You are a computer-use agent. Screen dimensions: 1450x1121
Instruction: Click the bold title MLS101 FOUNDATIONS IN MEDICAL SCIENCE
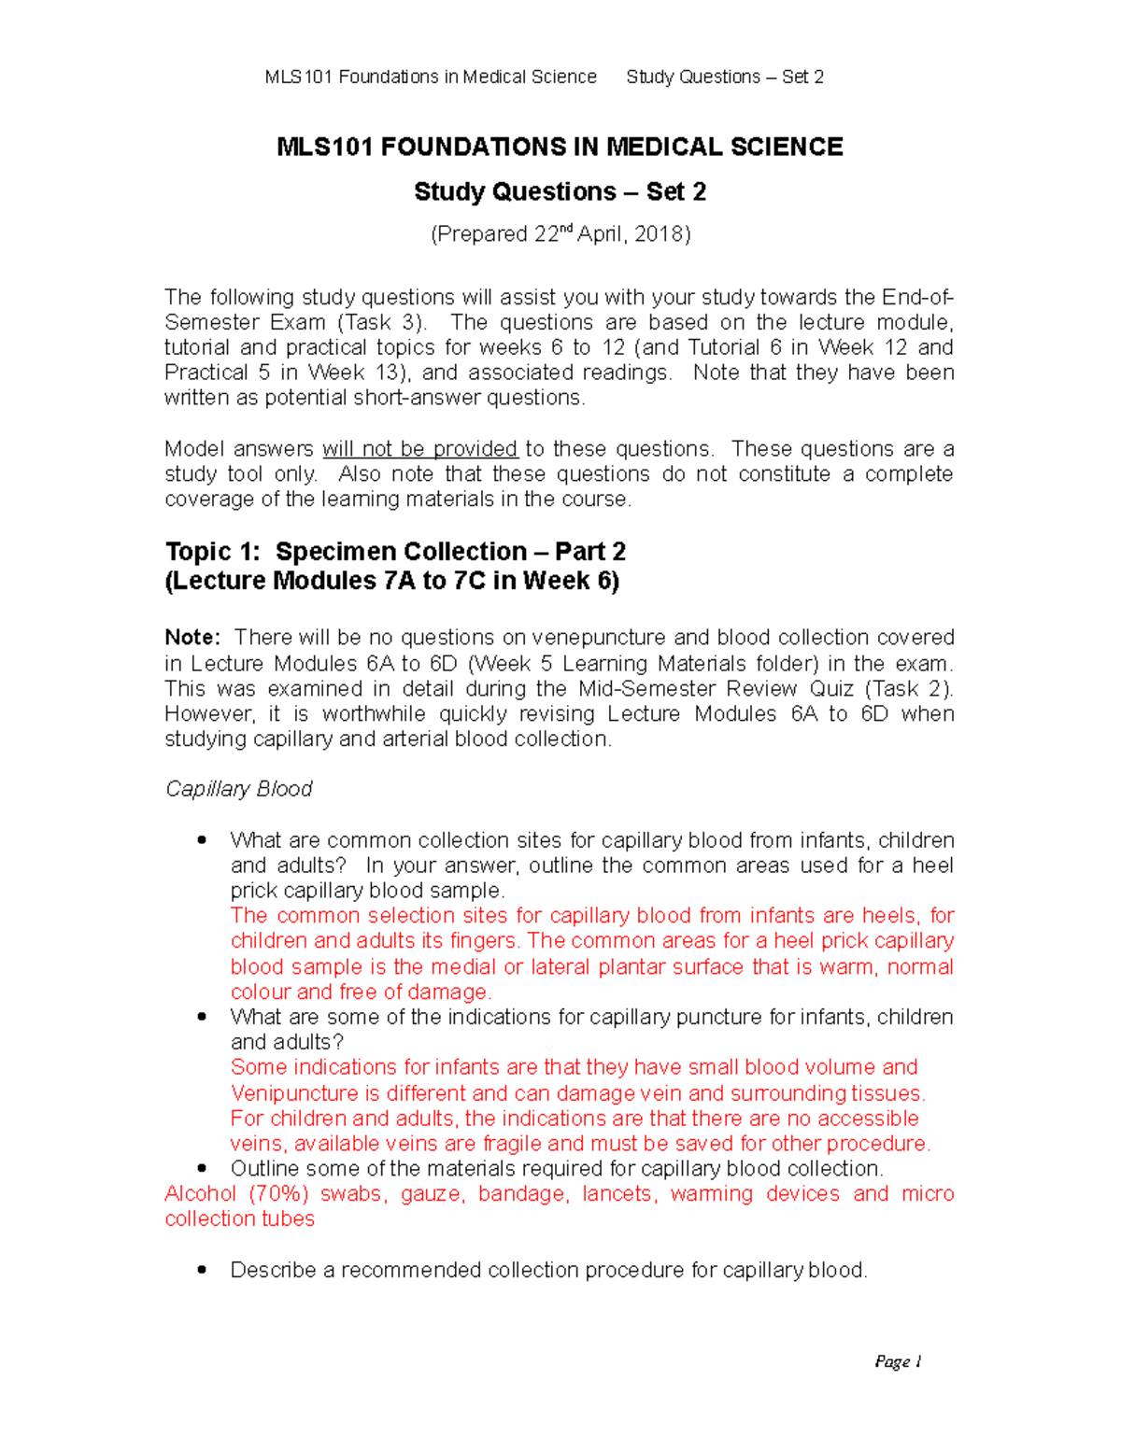(560, 148)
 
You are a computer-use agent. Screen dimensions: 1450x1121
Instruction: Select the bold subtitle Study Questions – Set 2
(560, 192)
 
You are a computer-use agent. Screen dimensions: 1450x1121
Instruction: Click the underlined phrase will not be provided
(420, 449)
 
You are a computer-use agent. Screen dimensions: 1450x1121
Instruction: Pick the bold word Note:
(192, 638)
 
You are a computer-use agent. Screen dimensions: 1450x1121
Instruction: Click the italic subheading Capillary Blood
(238, 790)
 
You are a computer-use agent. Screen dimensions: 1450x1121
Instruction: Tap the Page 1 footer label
(898, 1362)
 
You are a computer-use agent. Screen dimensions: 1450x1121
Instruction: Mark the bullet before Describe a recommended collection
(202, 1271)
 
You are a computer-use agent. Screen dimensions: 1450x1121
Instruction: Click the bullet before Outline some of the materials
(202, 1169)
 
